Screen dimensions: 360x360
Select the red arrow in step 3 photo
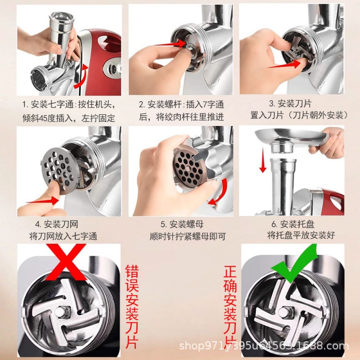click(285, 64)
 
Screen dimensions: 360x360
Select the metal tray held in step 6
click(290, 137)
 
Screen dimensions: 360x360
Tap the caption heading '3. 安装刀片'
click(290, 103)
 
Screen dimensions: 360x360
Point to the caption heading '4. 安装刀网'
click(57, 224)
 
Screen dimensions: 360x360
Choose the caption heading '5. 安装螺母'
click(182, 224)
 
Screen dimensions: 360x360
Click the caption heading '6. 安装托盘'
click(293, 224)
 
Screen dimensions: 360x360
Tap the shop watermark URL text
click(264, 346)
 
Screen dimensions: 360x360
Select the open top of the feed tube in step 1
click(62, 17)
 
